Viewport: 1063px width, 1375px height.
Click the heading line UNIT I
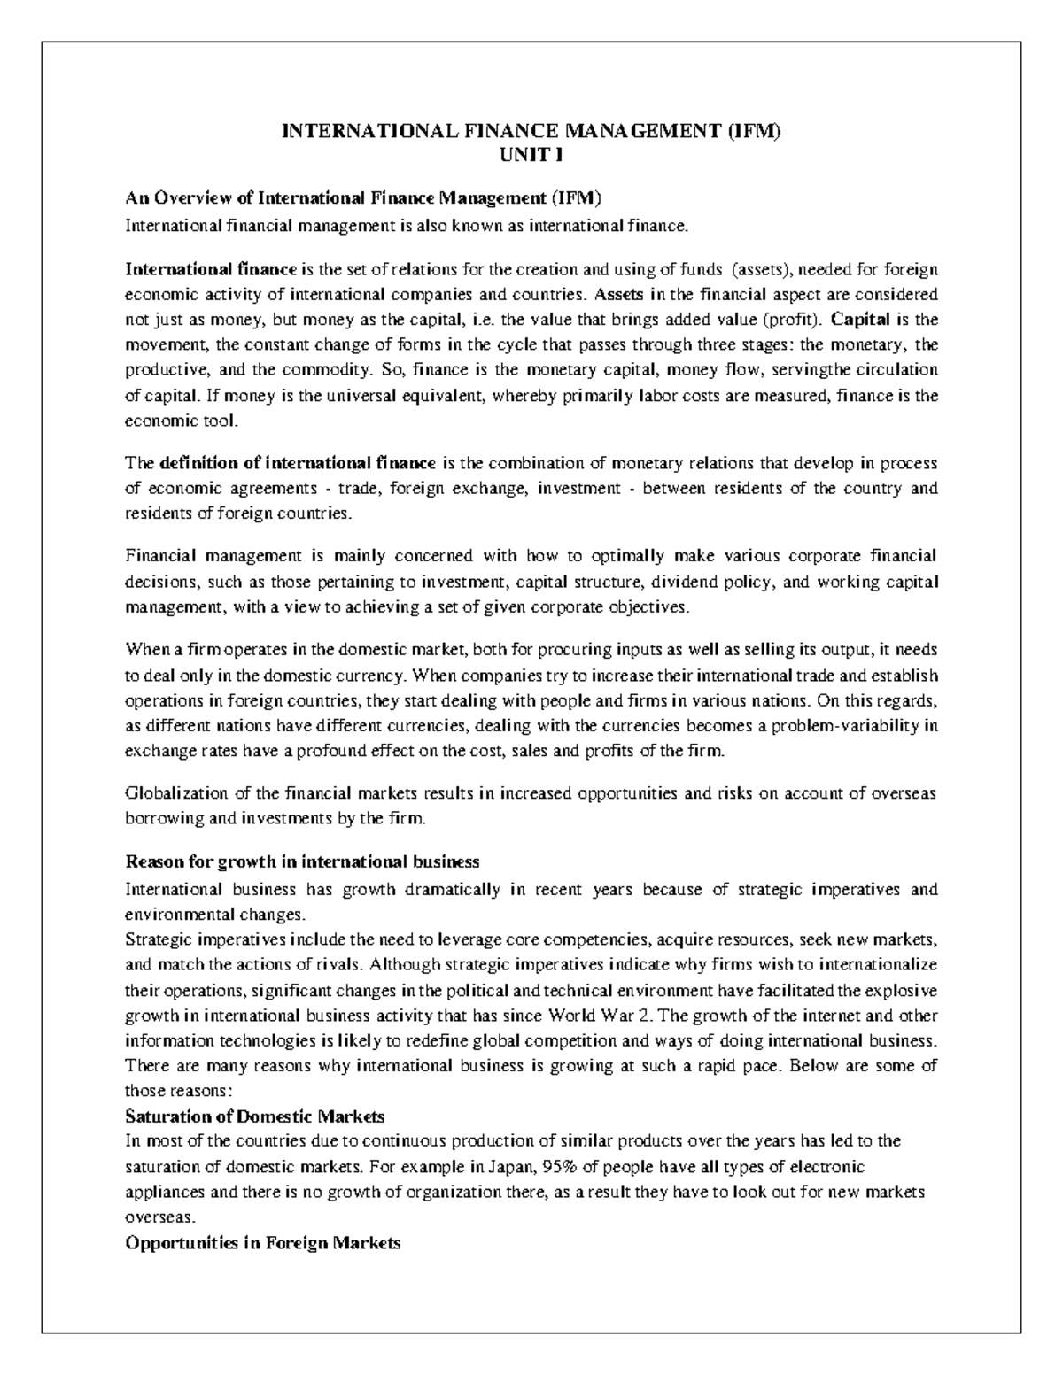[x=531, y=155]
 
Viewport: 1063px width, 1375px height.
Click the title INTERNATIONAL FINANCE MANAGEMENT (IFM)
[x=531, y=133]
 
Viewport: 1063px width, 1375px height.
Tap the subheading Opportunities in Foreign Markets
[x=263, y=1242]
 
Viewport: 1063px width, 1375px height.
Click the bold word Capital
[x=861, y=319]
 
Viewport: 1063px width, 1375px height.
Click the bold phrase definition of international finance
[x=298, y=463]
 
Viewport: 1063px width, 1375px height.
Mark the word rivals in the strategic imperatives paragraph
[x=340, y=963]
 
